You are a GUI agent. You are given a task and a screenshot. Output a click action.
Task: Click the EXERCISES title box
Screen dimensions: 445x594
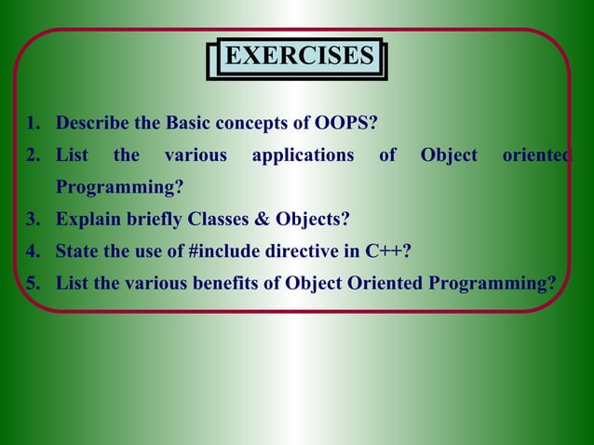(x=299, y=57)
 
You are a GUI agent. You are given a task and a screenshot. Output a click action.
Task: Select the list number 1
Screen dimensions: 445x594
(x=32, y=124)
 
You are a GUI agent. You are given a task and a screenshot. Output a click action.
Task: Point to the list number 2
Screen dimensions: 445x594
(x=32, y=155)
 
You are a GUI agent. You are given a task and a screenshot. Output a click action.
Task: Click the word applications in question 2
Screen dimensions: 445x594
(x=303, y=155)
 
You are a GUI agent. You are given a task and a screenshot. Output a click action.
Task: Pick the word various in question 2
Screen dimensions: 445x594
(x=196, y=155)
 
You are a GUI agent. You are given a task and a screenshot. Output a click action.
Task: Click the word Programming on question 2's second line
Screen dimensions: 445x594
(x=117, y=187)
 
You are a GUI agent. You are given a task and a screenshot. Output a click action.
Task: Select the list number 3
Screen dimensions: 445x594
(x=32, y=220)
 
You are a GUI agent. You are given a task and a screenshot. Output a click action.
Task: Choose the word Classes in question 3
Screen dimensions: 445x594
(x=216, y=220)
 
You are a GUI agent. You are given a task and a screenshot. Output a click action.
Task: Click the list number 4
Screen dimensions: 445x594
(x=32, y=251)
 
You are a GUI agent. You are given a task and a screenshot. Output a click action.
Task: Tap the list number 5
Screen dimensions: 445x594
(x=32, y=283)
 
